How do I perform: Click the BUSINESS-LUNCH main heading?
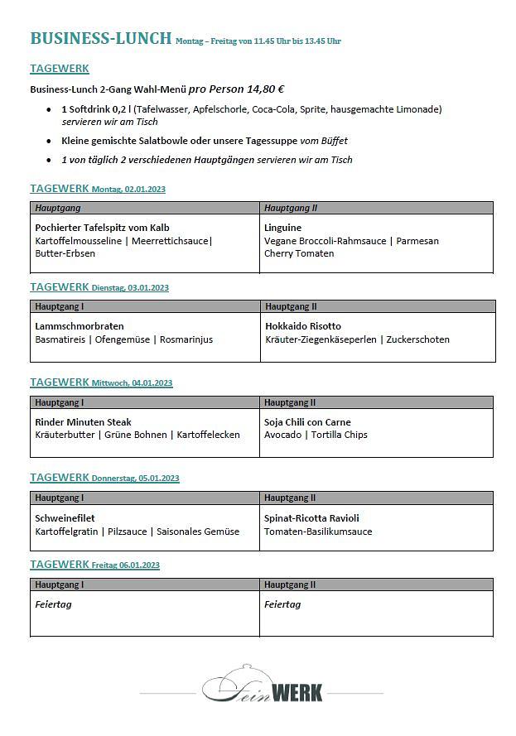pos(100,38)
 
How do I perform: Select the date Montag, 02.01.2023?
pos(128,190)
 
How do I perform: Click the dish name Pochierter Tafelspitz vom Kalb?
pos(102,227)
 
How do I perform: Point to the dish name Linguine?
pos(282,227)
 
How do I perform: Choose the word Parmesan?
pos(417,241)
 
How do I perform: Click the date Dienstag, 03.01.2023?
pos(130,288)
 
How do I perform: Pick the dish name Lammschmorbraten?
pos(80,326)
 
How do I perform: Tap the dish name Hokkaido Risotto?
pos(303,326)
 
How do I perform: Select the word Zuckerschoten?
pos(418,339)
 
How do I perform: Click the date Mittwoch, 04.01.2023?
pos(132,383)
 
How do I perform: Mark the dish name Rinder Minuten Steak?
pos(83,422)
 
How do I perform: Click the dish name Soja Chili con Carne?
pos(307,422)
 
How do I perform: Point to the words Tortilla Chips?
pos(340,435)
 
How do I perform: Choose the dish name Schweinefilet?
pos(65,518)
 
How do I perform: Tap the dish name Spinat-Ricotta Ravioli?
pos(311,518)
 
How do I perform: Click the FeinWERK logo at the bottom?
pos(263,685)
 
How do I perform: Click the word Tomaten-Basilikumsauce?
pos(318,532)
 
